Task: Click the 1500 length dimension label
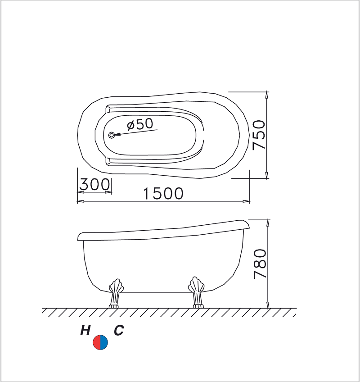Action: click(x=163, y=193)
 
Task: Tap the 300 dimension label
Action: click(x=94, y=184)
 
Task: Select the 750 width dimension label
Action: click(x=258, y=135)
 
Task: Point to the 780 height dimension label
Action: click(x=260, y=264)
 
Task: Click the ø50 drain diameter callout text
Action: click(x=140, y=124)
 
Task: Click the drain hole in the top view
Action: click(x=112, y=135)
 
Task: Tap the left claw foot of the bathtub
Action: click(x=116, y=294)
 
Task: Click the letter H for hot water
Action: click(x=85, y=331)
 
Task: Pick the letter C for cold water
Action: click(x=119, y=331)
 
